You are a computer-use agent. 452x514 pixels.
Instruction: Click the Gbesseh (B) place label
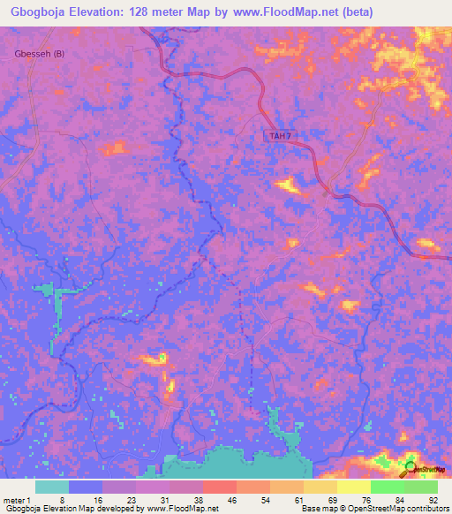point(40,54)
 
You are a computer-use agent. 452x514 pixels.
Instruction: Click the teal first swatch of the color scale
point(52,487)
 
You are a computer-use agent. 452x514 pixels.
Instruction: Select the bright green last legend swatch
point(420,487)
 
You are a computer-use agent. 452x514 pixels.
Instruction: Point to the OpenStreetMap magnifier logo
point(411,469)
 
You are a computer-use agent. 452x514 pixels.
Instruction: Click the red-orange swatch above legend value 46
point(219,487)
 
